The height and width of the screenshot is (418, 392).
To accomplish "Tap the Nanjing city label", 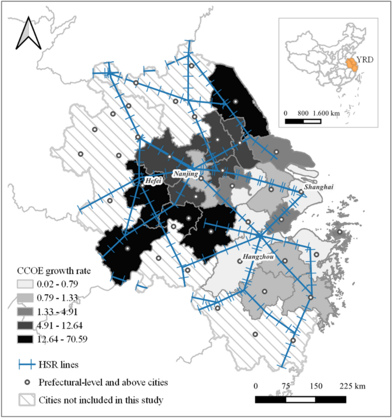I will coord(185,173).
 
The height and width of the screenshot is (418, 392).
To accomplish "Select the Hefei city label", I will coord(153,180).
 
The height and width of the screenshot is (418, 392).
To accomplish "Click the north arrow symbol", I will coord(27,34).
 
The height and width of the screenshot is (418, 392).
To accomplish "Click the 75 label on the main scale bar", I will coord(285,385).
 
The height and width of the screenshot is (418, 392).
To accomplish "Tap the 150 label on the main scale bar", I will coord(316,385).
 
